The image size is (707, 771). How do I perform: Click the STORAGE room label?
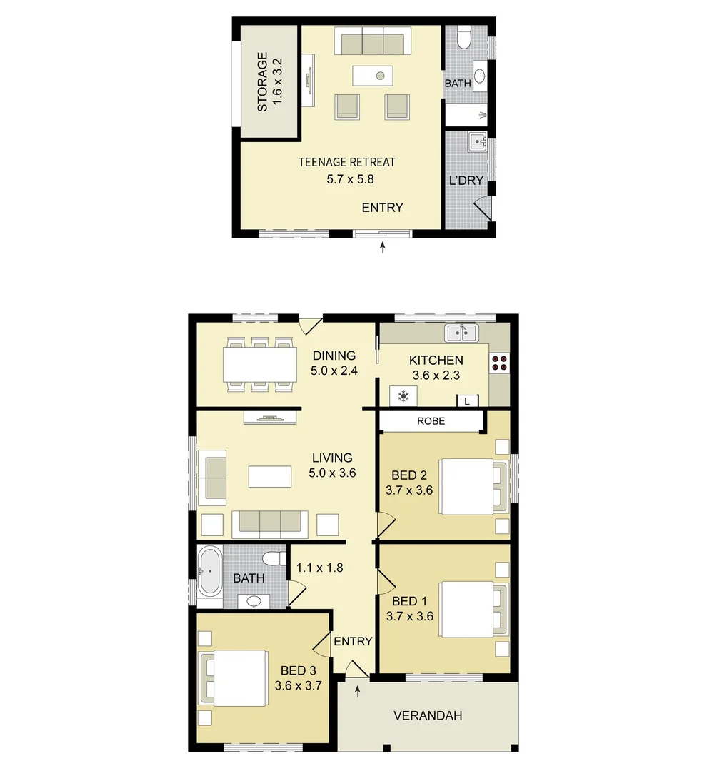point(262,81)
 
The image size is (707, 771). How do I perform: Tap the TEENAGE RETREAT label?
point(347,162)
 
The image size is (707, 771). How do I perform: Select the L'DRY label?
point(466,181)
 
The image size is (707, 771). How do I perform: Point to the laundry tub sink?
point(477,142)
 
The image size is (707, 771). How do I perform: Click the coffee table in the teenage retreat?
point(373,76)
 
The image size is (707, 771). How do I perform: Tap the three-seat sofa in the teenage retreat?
point(373,41)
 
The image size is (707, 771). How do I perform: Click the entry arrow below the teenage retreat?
point(382,247)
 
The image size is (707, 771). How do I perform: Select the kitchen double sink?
point(461,333)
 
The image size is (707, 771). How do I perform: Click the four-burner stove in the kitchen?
point(499,363)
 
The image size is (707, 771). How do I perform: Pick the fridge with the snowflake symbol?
point(403,395)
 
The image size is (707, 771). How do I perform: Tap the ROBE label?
point(431,421)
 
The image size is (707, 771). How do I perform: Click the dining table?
point(260,364)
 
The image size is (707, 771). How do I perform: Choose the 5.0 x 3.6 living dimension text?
point(332,473)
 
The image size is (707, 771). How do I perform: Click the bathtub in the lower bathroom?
point(210,573)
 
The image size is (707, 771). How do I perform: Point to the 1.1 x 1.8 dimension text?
point(319,568)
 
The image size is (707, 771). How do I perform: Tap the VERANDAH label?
point(428,715)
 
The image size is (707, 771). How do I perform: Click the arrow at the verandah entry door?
point(358,691)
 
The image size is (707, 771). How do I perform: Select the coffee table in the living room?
point(270,476)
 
